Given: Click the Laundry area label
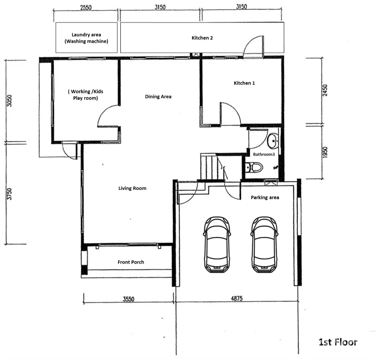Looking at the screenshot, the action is pos(86,35).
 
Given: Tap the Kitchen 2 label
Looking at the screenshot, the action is pos(202,38).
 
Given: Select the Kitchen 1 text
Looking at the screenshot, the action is pos(244,83).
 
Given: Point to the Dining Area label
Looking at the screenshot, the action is pos(158,97).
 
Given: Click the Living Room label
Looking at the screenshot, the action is pos(133,188).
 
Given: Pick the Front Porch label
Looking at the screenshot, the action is pos(131,262).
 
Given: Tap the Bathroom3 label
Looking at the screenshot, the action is pos(264,154).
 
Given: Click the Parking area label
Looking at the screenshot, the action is pos(265,197).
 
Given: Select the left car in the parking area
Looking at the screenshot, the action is pos(217,245).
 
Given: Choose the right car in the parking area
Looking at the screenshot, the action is pos(265,245).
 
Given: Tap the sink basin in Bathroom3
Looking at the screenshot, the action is pos(273,141).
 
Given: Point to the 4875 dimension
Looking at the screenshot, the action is pos(236,298).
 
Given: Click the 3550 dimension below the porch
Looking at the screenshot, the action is pos(128,299).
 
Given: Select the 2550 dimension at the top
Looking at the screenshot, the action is pos(86,7).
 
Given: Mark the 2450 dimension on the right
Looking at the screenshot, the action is pos(325,90).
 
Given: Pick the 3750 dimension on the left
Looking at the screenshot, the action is pos(9,194).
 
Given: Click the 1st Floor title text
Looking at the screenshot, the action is pos(338,342).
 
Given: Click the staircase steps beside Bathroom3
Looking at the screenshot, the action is pos(209,167).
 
